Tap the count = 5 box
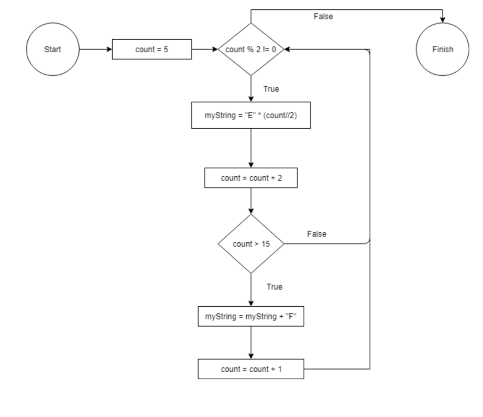pos(152,49)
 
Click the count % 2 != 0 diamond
pos(250,49)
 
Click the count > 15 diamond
pos(250,244)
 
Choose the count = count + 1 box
pos(250,369)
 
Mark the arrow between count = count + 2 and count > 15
pos(250,203)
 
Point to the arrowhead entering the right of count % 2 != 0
pos(287,49)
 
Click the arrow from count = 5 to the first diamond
pos(204,49)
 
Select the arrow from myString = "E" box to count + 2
pos(250,149)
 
